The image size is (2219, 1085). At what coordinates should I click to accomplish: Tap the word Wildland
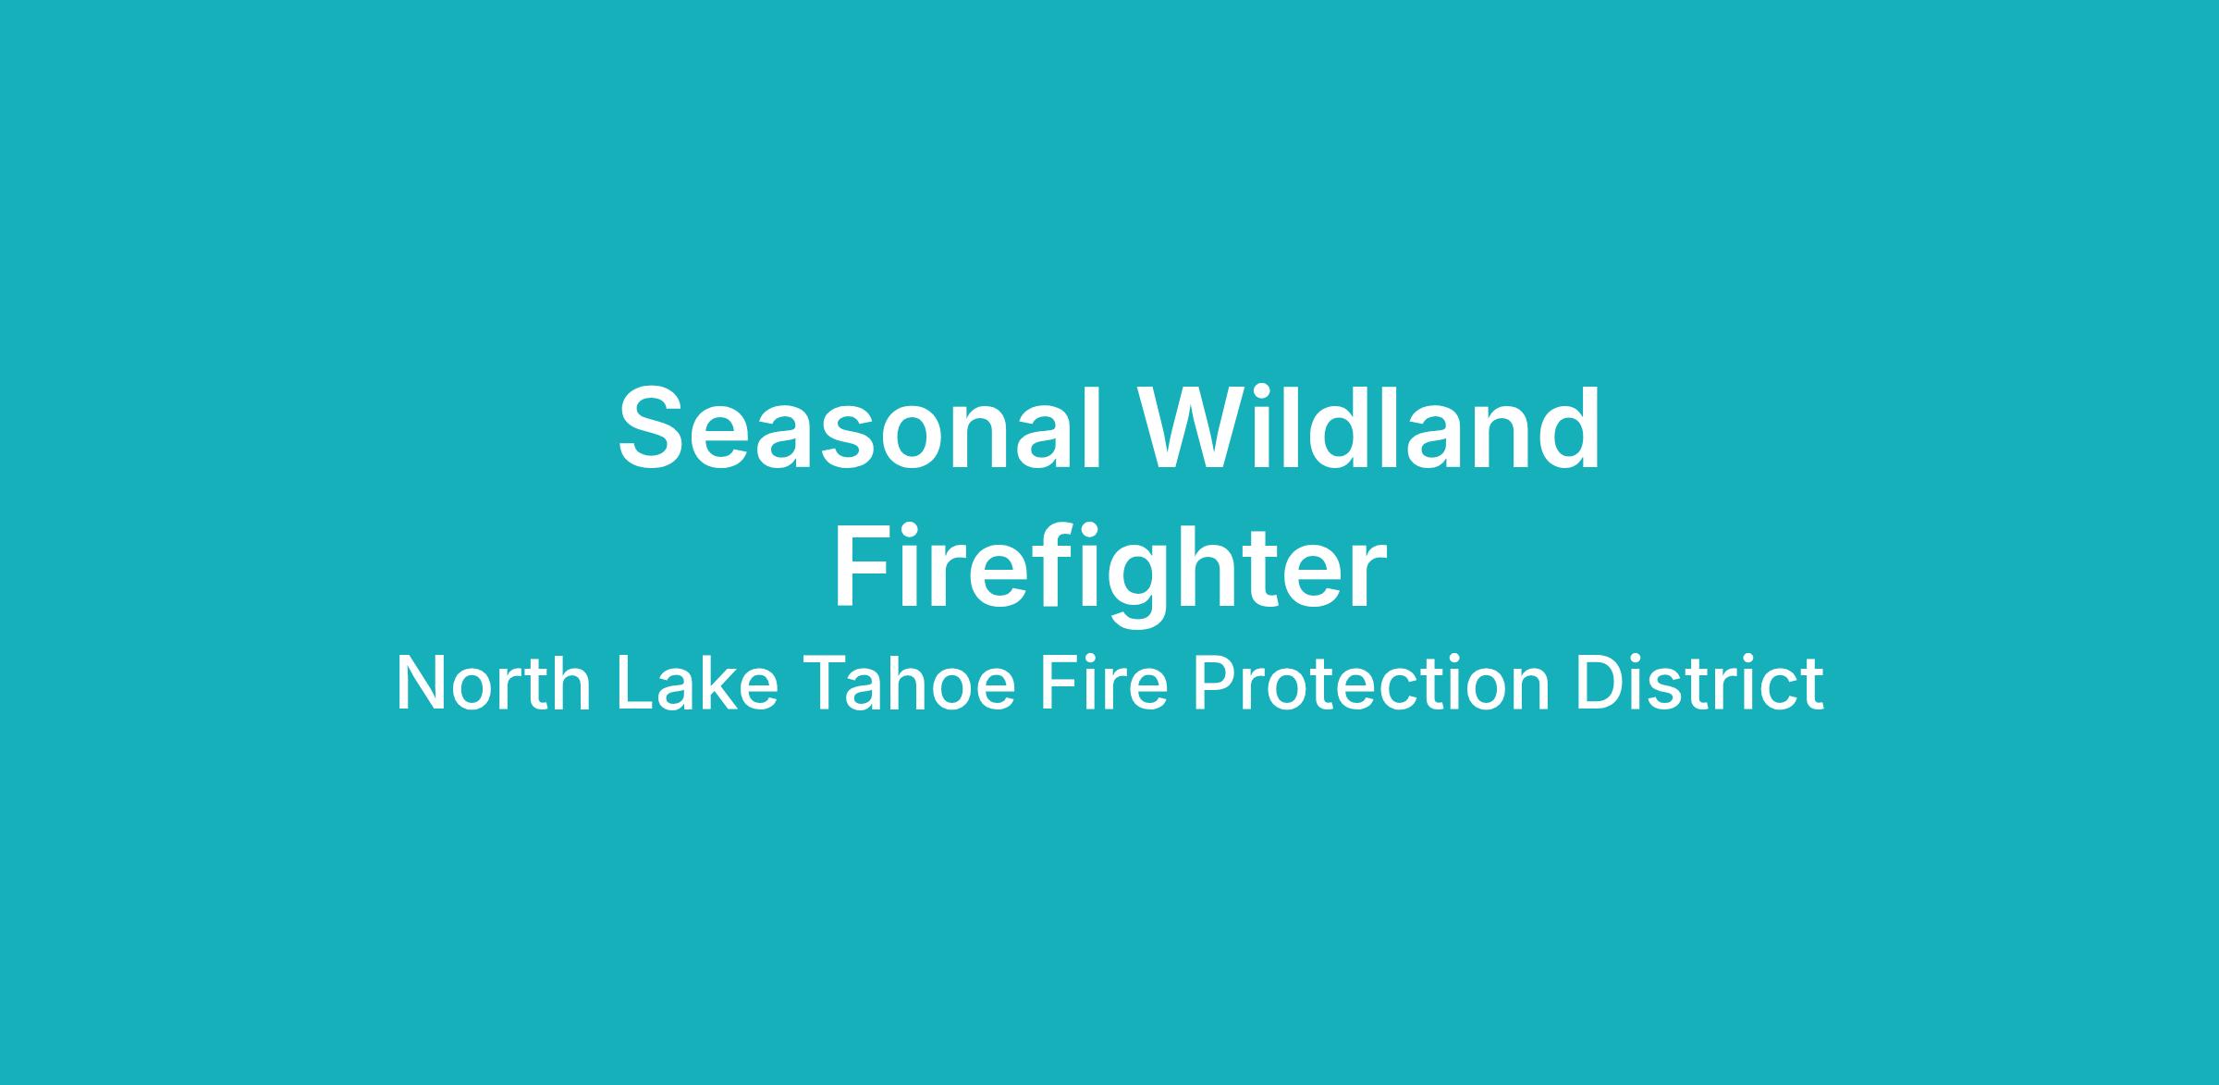click(x=1369, y=427)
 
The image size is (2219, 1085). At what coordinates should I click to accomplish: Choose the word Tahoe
click(x=910, y=684)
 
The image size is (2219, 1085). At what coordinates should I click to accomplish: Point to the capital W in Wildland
click(x=1195, y=429)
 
